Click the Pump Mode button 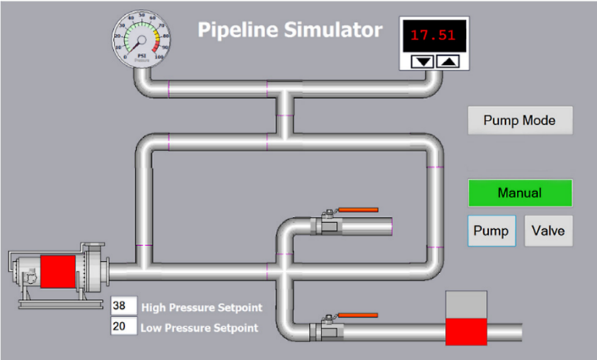520,120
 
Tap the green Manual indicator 520,193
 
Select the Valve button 549,230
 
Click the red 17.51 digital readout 434,36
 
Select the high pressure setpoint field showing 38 122,306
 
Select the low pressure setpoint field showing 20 122,326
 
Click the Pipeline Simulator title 290,30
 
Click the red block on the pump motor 58,272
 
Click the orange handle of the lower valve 359,316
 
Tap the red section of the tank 466,331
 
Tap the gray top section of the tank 466,304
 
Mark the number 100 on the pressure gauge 159,57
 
